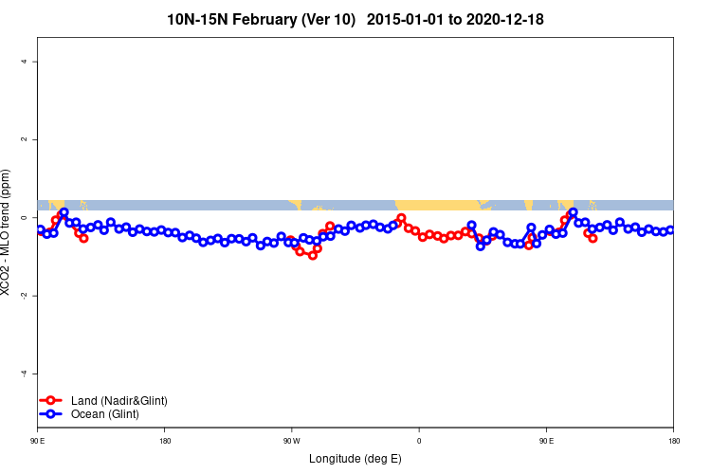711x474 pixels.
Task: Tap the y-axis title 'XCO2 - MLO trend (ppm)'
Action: (x=8, y=233)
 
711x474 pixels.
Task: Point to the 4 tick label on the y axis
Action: (x=26, y=62)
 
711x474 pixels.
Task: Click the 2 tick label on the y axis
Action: (x=26, y=139)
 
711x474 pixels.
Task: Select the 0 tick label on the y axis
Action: (x=26, y=218)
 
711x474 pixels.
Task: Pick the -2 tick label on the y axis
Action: (x=26, y=296)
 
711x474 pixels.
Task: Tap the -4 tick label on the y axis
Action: (x=26, y=374)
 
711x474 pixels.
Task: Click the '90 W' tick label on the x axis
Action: (x=291, y=440)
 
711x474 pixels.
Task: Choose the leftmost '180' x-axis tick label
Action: (x=165, y=440)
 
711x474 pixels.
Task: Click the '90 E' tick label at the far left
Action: (x=38, y=440)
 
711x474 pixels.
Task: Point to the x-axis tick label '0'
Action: (x=418, y=440)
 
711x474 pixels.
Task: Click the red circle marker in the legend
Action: (x=54, y=401)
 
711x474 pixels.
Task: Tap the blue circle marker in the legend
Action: (x=54, y=414)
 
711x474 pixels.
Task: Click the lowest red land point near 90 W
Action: (x=312, y=255)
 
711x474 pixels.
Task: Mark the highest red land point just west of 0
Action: (x=401, y=218)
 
